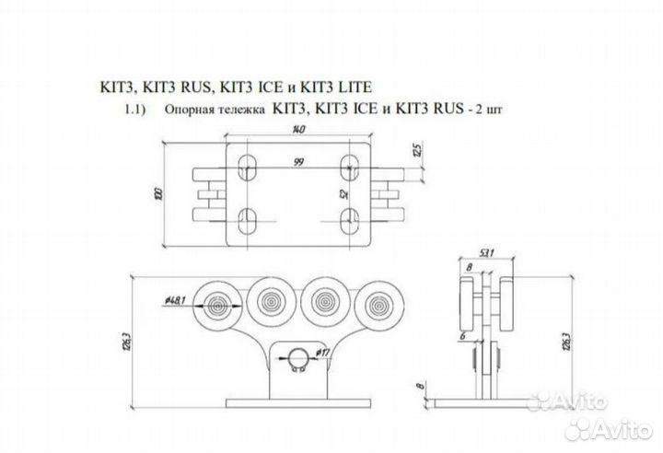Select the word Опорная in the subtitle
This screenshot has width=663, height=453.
[193, 110]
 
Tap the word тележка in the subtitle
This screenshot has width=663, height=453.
[242, 110]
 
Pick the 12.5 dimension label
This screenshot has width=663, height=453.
[416, 149]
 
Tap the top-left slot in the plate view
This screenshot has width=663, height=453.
[247, 167]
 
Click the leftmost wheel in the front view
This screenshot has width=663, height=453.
[220, 303]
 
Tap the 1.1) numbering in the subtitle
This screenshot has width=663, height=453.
[138, 110]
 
